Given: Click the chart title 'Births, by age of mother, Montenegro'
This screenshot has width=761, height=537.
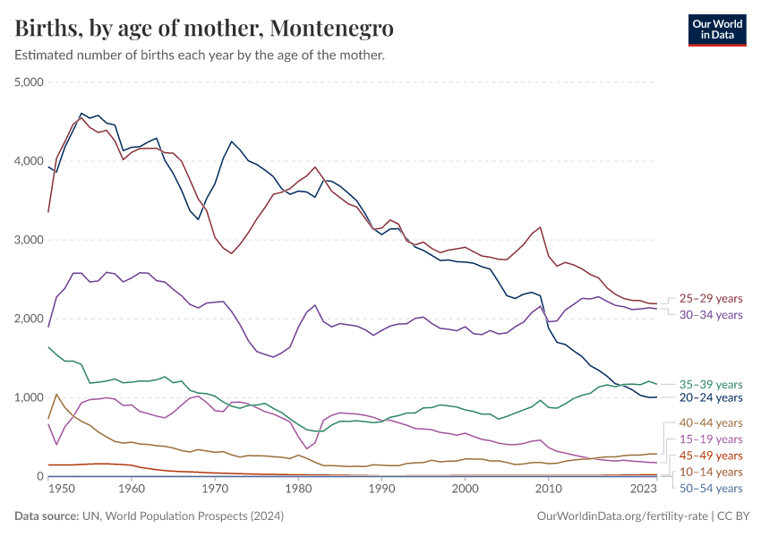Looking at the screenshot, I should click(x=204, y=29).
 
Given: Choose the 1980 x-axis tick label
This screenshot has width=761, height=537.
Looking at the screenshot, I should click(x=298, y=490).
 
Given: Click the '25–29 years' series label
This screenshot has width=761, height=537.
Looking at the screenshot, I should click(x=710, y=298).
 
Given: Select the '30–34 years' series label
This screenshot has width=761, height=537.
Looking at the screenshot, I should click(x=710, y=315).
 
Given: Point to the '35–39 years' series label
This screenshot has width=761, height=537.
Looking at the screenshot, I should click(x=710, y=384).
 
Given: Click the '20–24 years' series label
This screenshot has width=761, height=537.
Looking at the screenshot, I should click(x=710, y=397).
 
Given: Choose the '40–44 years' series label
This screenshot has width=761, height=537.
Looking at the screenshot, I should click(x=710, y=422).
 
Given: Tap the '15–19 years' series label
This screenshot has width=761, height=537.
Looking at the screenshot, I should click(x=710, y=439).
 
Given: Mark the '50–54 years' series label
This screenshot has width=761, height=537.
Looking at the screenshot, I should click(x=710, y=489).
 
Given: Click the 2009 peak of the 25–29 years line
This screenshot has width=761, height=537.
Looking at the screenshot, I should click(x=540, y=227).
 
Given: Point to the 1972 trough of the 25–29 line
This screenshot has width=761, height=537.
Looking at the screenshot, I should click(x=232, y=253).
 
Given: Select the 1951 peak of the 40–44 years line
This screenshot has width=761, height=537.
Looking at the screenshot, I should click(x=56, y=394).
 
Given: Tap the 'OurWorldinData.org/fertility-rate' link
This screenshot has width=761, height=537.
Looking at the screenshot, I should click(x=618, y=516).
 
